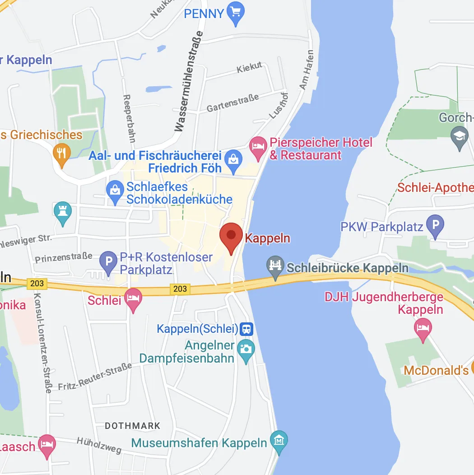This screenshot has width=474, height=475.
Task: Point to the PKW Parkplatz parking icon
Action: click(435, 225)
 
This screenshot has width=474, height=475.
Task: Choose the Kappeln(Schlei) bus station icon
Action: click(246, 329)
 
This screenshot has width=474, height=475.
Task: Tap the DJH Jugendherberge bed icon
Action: click(423, 328)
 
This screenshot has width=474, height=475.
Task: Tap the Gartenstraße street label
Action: click(233, 103)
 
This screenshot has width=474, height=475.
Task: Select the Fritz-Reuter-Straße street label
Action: click(95, 376)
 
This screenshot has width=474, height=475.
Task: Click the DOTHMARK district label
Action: click(132, 426)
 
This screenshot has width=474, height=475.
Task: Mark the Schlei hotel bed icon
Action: click(133, 299)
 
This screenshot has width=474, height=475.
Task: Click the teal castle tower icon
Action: click(63, 212)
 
